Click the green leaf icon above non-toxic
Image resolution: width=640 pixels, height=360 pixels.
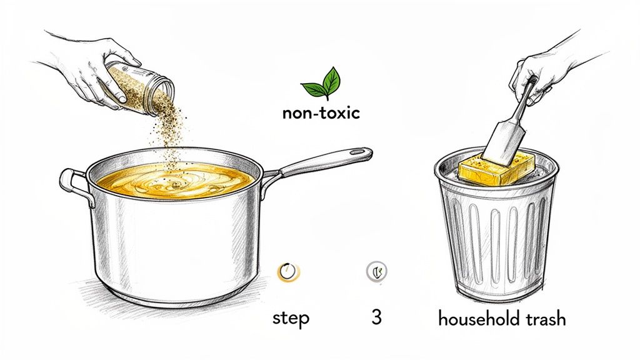(321, 84)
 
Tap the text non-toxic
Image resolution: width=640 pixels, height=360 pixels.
(321, 114)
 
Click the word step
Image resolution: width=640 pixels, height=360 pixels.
(291, 317)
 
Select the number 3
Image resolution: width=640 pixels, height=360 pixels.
(376, 317)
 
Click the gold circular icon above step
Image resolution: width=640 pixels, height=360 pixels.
(288, 271)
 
